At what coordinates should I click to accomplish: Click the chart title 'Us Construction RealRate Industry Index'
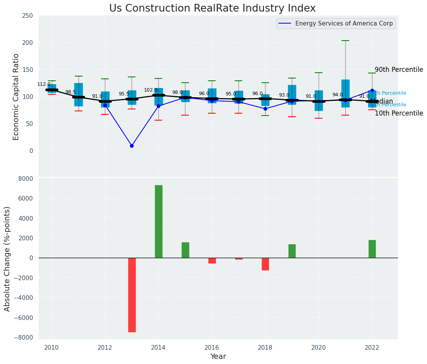[x=212, y=9]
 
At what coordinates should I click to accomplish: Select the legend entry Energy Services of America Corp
[x=344, y=24]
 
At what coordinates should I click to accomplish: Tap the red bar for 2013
[x=132, y=295]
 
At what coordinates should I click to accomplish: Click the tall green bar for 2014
[x=158, y=221]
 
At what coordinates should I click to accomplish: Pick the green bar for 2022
[x=372, y=249]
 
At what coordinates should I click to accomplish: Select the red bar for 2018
[x=265, y=264]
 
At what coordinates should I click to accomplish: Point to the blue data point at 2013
[x=132, y=146]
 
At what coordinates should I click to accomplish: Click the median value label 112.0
[x=44, y=84]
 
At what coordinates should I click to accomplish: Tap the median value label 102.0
[x=151, y=90]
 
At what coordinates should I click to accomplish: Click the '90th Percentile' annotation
[x=399, y=70]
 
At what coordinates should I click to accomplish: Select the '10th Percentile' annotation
[x=399, y=113]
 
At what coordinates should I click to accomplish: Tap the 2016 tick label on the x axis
[x=212, y=347]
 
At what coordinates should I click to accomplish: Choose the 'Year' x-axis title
[x=218, y=357]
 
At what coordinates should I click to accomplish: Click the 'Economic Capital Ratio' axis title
[x=16, y=97]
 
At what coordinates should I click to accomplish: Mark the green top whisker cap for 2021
[x=345, y=41]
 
